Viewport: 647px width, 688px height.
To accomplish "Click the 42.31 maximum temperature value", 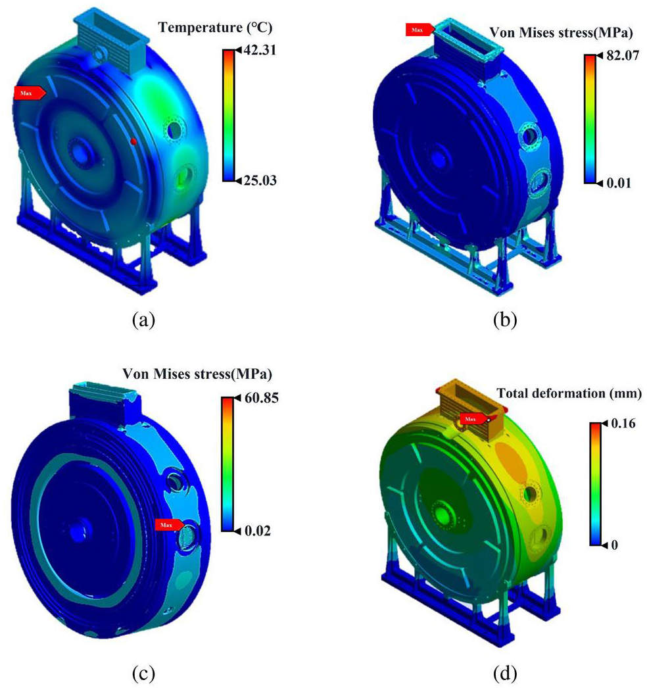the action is click(260, 50).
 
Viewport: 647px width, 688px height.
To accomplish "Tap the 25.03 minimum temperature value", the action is click(260, 180).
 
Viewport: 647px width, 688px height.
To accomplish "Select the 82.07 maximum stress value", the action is click(622, 55).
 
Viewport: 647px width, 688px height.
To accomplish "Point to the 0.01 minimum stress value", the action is click(619, 183).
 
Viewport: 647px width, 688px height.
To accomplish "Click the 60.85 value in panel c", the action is click(262, 398).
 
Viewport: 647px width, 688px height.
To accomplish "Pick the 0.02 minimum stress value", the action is click(258, 531).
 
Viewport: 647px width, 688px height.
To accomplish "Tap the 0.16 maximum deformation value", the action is click(623, 424).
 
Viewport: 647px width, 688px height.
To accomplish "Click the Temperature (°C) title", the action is click(215, 28).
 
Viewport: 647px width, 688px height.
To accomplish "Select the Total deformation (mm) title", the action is click(569, 393).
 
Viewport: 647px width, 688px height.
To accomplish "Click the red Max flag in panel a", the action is click(30, 93).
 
